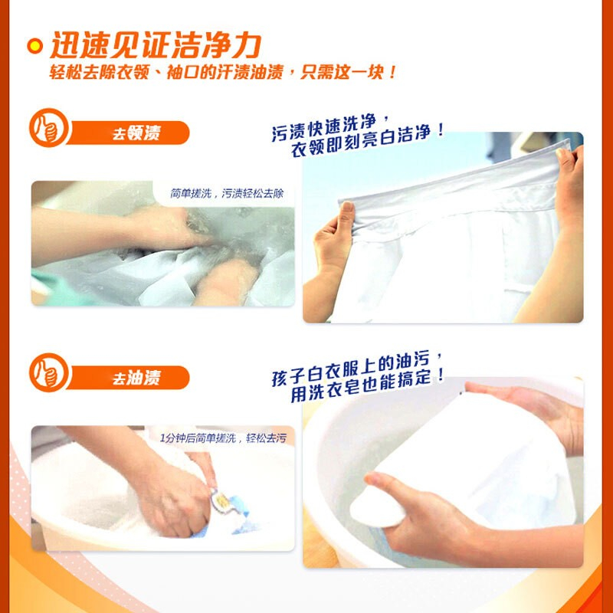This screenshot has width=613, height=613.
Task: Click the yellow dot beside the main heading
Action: coord(34,46)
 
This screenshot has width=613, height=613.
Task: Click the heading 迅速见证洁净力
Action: coord(156,45)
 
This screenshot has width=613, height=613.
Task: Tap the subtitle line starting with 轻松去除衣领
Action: coord(223,72)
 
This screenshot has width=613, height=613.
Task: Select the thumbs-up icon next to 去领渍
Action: coord(49,128)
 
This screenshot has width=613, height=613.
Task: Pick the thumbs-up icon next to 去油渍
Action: coord(49,372)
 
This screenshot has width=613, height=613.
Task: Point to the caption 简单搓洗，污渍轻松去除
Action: coord(227,194)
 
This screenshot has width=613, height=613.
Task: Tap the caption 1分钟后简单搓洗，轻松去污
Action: coord(223,438)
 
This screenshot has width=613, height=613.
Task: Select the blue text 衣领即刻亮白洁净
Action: coord(368,142)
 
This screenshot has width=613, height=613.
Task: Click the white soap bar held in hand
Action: coord(377,508)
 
